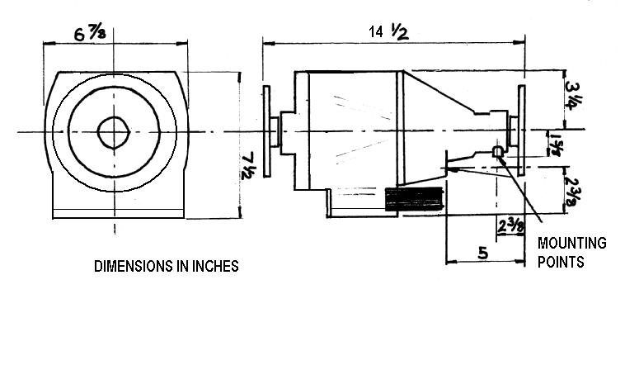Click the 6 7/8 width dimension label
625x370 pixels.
(x=90, y=34)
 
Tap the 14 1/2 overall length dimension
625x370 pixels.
(x=388, y=31)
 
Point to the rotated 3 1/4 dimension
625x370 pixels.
(x=572, y=96)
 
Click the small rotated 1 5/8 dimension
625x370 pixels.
(x=555, y=145)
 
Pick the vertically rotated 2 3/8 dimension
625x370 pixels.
(x=573, y=190)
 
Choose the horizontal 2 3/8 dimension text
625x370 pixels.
(x=511, y=227)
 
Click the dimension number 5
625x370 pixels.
(x=482, y=253)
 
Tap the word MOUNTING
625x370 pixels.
(x=572, y=243)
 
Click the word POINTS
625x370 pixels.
(x=561, y=263)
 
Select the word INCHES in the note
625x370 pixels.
(x=215, y=266)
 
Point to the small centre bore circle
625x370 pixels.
(x=114, y=132)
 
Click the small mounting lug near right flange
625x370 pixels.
(x=498, y=151)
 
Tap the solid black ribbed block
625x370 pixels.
(x=414, y=199)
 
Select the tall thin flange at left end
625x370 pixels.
(x=266, y=131)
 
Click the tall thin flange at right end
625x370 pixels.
(x=521, y=130)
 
